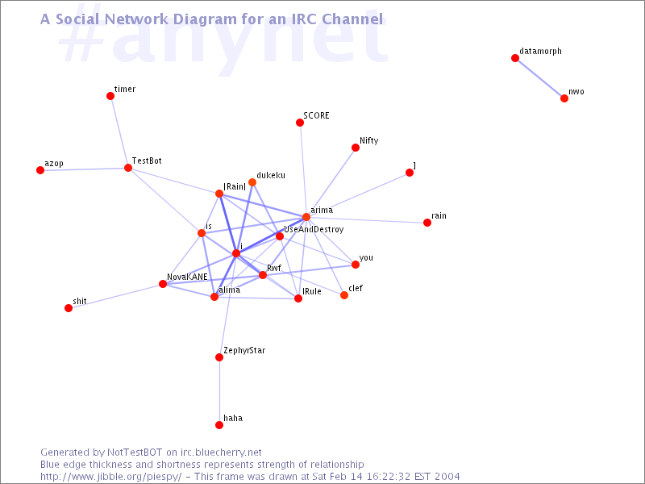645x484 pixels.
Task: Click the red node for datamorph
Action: (x=515, y=58)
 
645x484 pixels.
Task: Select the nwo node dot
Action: (x=564, y=98)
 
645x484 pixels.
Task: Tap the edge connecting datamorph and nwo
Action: (x=539, y=78)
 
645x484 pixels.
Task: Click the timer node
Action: (x=110, y=96)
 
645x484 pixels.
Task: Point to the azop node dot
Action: (x=40, y=170)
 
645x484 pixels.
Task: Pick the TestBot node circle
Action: (x=128, y=168)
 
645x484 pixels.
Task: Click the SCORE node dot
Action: (x=300, y=123)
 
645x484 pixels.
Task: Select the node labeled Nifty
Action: (x=356, y=148)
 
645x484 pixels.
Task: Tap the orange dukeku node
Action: (x=252, y=182)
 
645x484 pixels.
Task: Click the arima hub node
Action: (x=306, y=217)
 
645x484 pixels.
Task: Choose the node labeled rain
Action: (x=427, y=223)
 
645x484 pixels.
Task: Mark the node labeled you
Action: (x=356, y=265)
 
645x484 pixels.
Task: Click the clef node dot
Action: (x=344, y=295)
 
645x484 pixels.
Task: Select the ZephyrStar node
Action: (x=219, y=357)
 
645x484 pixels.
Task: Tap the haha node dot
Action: (x=219, y=425)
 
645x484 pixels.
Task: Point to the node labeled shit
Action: (x=69, y=308)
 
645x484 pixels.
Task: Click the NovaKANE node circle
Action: (x=163, y=284)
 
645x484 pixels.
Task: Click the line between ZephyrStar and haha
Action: (x=219, y=391)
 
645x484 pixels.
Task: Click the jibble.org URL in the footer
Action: (x=110, y=477)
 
